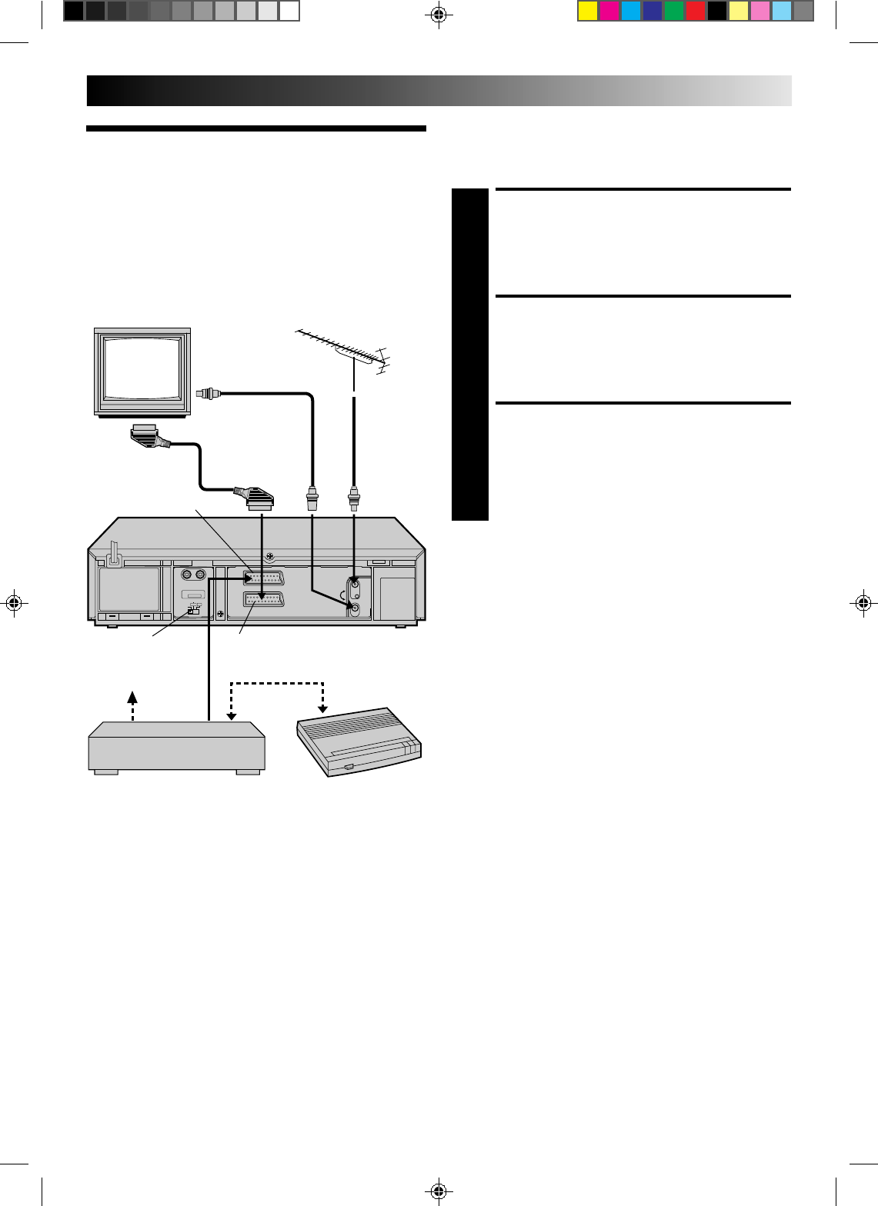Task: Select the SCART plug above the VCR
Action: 253,498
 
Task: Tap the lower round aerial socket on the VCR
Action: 354,608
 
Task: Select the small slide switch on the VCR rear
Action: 192,610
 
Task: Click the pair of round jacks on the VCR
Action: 192,574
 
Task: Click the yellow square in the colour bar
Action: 588,11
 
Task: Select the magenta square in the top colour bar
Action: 609,11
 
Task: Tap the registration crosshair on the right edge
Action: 863,602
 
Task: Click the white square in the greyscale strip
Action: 289,11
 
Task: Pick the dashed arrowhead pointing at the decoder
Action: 324,706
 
